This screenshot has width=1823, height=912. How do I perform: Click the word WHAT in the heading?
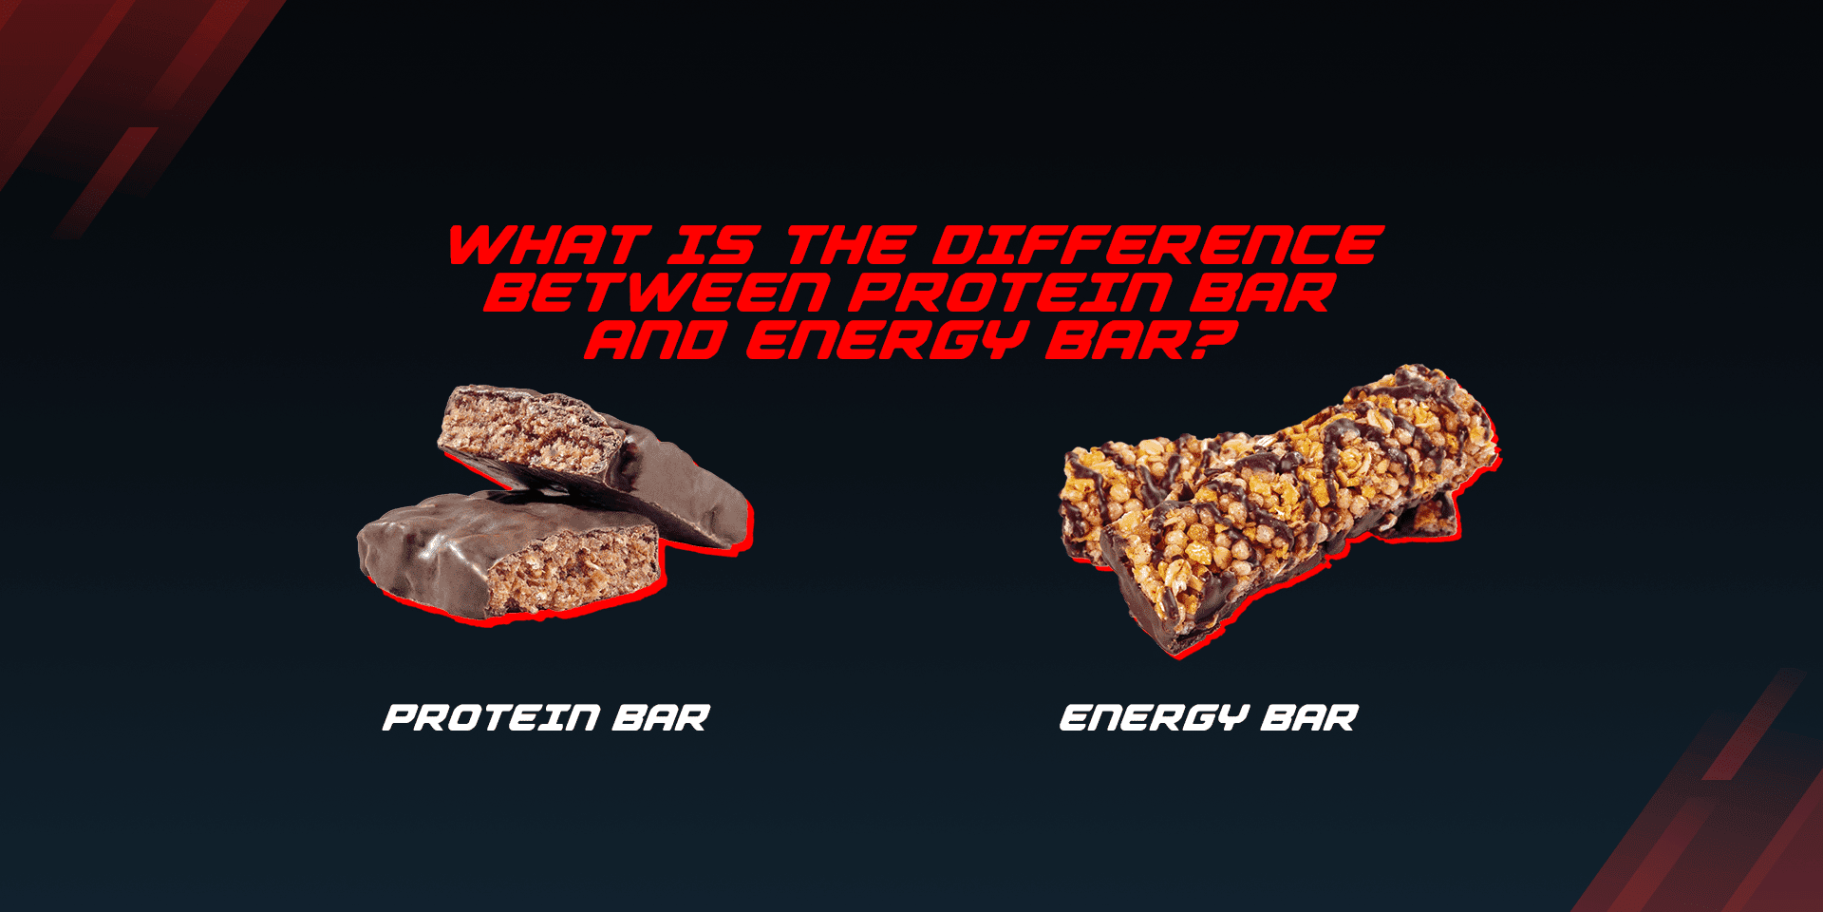point(549,246)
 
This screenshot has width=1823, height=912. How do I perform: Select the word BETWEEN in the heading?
point(658,293)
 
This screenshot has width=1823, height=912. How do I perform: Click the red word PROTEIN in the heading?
point(1008,293)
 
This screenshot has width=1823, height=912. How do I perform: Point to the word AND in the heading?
point(655,339)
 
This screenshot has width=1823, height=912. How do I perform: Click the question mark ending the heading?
point(1212,339)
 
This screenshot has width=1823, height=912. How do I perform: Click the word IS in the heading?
point(712,246)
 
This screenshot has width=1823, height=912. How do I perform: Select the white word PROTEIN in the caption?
point(491,718)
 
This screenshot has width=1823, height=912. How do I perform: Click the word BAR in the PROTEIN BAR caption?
point(661,718)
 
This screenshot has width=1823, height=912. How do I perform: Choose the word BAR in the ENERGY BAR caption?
point(1309,718)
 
